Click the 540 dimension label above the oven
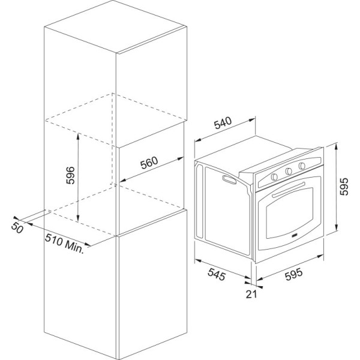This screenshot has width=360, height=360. click(x=223, y=123)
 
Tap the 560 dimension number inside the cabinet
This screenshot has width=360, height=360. click(x=149, y=163)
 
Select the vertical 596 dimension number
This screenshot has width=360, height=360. click(x=70, y=175)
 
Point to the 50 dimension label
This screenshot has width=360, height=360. click(x=17, y=227)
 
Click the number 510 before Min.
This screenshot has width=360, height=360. click(x=54, y=239)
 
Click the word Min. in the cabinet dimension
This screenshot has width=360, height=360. click(x=74, y=247)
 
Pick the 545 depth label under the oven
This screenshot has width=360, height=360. click(x=217, y=274)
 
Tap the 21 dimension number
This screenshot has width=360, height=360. click(x=251, y=295)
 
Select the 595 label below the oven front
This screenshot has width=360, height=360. click(x=294, y=275)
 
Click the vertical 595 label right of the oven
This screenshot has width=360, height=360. click(x=344, y=187)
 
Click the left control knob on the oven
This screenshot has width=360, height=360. click(x=274, y=176)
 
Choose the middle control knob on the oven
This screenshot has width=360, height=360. click(x=289, y=171)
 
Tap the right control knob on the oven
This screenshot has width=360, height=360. click(x=302, y=166)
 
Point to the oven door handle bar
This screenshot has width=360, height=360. click(x=289, y=190)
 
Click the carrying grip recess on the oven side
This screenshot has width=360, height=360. click(x=229, y=179)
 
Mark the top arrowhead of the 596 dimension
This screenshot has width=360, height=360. click(x=78, y=136)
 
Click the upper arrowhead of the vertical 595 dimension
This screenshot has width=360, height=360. click(x=336, y=146)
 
